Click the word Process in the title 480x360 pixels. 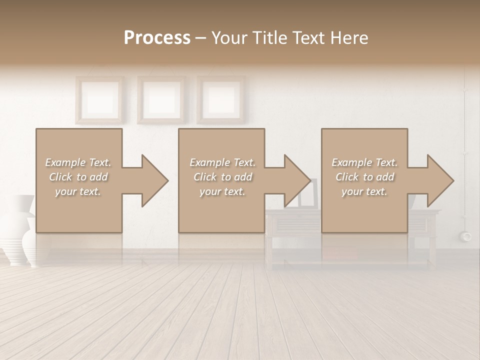(157, 38)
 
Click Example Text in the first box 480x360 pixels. (78, 162)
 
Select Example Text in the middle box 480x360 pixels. (222, 162)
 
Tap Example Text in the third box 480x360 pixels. (364, 162)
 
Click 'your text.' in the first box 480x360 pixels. (78, 191)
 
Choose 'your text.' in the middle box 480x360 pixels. (222, 191)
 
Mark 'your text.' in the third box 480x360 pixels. (364, 191)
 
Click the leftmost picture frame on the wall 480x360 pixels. (99, 99)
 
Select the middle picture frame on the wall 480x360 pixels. (161, 99)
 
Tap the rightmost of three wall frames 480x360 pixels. (220, 99)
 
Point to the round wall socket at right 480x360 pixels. (467, 235)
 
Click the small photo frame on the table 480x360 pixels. (308, 195)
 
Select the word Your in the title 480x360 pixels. (230, 38)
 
